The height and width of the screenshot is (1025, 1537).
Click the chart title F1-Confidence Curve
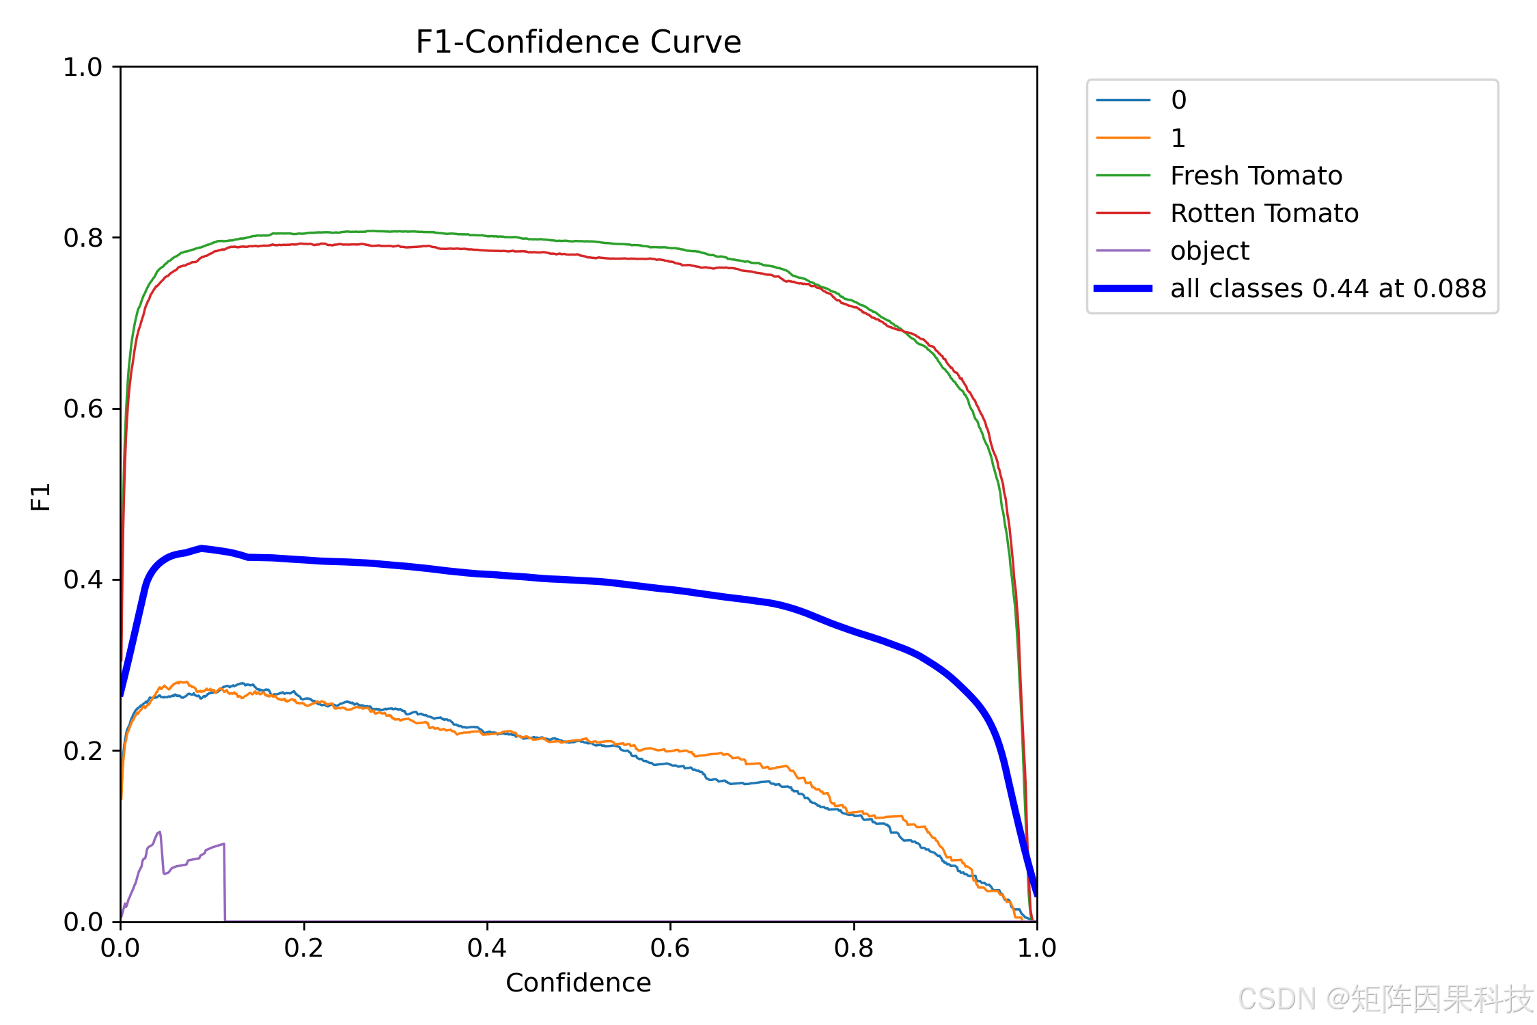click(x=578, y=42)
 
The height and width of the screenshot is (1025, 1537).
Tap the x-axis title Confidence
click(x=578, y=983)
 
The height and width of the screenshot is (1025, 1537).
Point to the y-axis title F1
click(x=41, y=497)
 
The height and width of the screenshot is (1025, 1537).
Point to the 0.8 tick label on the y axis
click(x=83, y=238)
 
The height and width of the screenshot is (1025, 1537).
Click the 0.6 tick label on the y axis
click(x=83, y=409)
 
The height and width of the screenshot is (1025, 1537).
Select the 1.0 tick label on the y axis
click(x=83, y=67)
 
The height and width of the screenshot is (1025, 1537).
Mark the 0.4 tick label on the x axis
click(x=487, y=948)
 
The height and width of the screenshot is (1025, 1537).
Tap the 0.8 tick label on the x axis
click(x=854, y=948)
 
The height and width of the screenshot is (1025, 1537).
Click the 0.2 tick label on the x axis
click(x=304, y=948)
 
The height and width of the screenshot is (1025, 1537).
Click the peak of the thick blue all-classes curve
click(x=202, y=548)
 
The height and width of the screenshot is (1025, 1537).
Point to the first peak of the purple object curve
click(x=160, y=832)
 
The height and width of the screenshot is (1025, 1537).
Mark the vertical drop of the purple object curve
click(x=225, y=883)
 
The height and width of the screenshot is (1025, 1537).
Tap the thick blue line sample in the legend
click(x=1123, y=288)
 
